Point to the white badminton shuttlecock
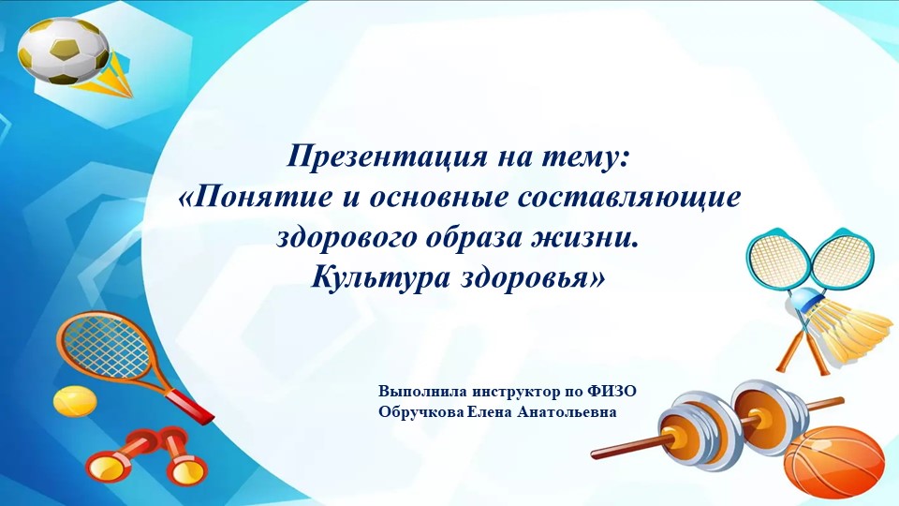pyautogui.click(x=847, y=328)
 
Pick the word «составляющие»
pyautogui.click(x=636, y=198)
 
